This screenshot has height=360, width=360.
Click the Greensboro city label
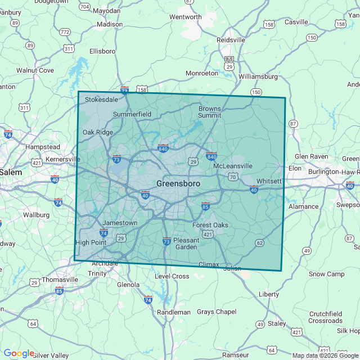[178, 184]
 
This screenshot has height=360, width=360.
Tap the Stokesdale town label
[102, 100]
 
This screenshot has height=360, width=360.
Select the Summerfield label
[132, 114]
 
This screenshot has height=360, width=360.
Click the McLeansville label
[233, 166]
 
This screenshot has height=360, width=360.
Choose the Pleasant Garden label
[186, 244]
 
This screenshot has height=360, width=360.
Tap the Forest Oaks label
[210, 225]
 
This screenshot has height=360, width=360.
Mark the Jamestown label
[120, 223]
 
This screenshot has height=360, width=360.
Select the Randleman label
[174, 312]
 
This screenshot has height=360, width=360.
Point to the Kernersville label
[63, 159]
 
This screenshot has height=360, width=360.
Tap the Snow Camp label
[326, 274]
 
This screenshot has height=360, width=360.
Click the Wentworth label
[185, 17]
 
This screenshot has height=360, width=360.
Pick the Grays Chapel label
[217, 312]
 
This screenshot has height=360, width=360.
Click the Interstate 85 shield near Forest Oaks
[205, 206]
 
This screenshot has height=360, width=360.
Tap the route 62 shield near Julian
[259, 243]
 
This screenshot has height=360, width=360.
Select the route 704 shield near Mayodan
[84, 7]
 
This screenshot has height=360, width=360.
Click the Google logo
[19, 353]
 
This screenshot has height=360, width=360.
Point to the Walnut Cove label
[35, 70]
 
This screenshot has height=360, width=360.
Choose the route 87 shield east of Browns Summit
[292, 123]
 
